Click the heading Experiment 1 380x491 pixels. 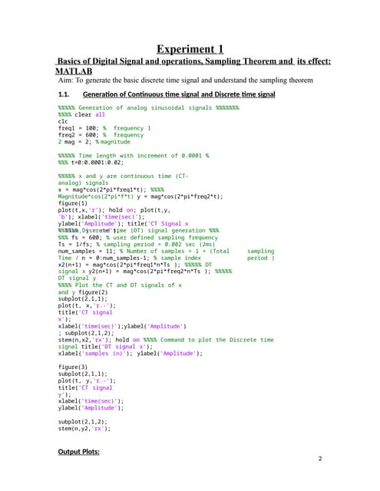pos(190,50)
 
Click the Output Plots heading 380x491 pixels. pos(81,452)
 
